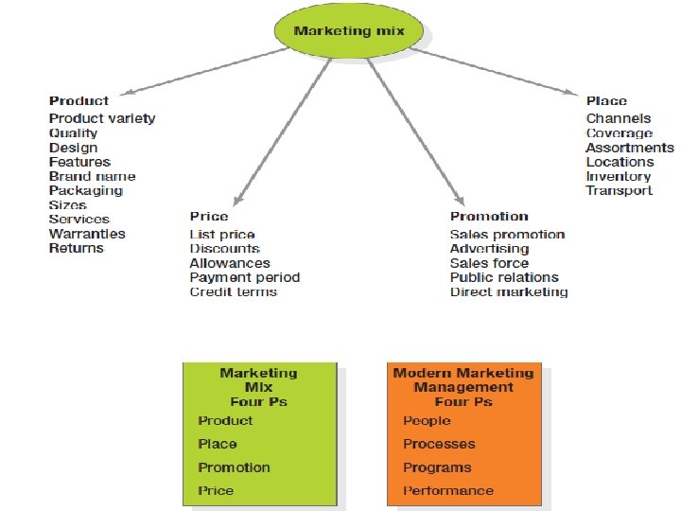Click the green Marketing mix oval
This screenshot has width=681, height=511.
[349, 31]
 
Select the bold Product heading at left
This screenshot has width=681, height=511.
[79, 100]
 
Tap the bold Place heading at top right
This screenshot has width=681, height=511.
[606, 100]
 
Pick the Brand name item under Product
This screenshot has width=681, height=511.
[92, 176]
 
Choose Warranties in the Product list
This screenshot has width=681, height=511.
[87, 234]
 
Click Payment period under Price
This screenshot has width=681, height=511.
[244, 277]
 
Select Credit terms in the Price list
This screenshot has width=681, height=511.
[233, 291]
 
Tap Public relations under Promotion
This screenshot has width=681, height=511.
[504, 277]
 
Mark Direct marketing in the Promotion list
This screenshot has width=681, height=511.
[509, 291]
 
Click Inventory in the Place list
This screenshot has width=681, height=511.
[619, 176]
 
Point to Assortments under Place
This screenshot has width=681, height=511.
[630, 148]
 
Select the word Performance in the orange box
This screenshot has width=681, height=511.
[448, 490]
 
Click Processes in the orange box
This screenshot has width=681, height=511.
[439, 444]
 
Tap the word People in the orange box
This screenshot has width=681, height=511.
[427, 420]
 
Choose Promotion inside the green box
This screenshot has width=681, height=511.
[234, 467]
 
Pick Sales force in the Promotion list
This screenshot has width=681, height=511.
[489, 263]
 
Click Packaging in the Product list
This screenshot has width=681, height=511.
[85, 190]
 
